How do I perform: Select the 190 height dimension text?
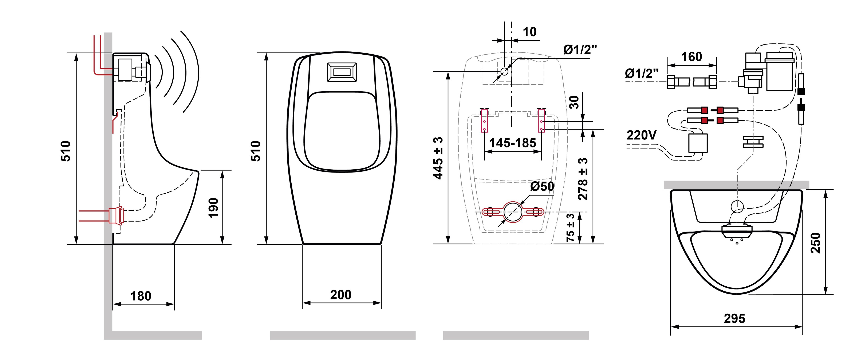tap(213, 208)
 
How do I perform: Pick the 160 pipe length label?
tap(691, 57)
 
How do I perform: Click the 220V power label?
tap(642, 135)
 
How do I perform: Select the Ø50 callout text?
tap(542, 186)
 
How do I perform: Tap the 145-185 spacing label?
tap(513, 143)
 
